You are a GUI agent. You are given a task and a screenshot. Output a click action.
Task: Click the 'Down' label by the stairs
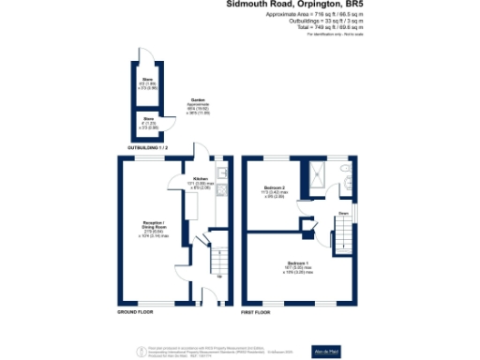(343, 214)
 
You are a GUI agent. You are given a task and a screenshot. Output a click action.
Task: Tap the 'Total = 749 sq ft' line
(331, 28)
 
